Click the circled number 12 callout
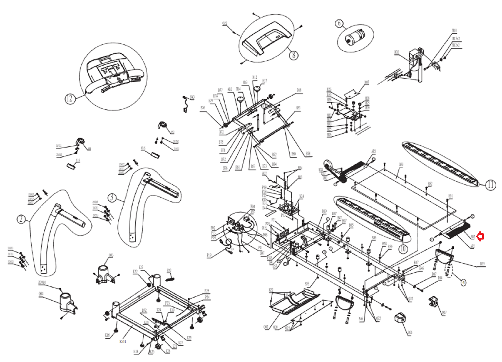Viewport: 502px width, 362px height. [x=69, y=99]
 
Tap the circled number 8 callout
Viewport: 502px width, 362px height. [x=294, y=55]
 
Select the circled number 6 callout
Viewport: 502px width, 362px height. [x=339, y=23]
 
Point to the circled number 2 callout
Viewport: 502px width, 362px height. [x=21, y=219]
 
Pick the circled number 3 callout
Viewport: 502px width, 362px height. [x=112, y=197]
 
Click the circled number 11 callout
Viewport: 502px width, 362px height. [x=490, y=185]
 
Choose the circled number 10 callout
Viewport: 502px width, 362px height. [x=403, y=249]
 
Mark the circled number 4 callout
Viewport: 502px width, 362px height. [x=463, y=282]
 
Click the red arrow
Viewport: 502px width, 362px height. [x=480, y=236]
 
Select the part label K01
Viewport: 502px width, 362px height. [x=123, y=341]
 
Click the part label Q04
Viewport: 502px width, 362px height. [x=41, y=294]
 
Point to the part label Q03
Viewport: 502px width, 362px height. [x=111, y=255]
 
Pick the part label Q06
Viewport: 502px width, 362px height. [x=410, y=332]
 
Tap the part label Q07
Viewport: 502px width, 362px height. [x=444, y=312]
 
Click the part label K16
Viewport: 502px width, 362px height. [x=107, y=335]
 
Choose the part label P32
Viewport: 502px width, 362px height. [x=169, y=270]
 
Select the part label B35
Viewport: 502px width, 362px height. [x=482, y=264]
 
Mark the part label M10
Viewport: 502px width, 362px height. [x=454, y=30]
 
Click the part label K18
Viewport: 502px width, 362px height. [x=136, y=351]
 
